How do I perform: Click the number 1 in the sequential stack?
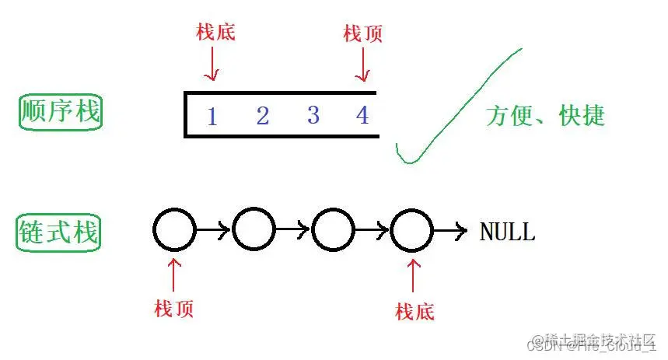pos(212,117)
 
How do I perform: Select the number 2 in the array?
pos(262,116)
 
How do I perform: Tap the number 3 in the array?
pos(313,115)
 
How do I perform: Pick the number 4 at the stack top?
pos(362,115)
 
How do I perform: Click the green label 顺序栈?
pos(60,114)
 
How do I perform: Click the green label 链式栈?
pos(59,232)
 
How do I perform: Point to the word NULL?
pos(507,232)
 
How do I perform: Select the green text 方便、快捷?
pos(545,116)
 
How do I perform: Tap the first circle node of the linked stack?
pos(174,230)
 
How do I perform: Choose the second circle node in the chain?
pos(254,230)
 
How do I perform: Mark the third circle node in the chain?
pos(333,230)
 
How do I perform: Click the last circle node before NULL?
pos(412,230)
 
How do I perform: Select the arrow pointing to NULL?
pos(451,230)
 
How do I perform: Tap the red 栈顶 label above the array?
pos(362,33)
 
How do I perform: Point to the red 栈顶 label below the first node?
pos(174,309)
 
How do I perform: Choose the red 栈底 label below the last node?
pos(414,312)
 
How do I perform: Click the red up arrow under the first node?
pos(174,274)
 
